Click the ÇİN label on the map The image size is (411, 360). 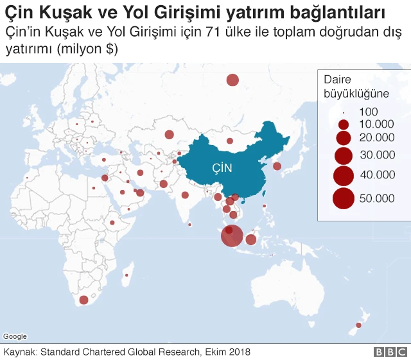coord(222,168)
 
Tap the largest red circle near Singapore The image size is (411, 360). coord(232,236)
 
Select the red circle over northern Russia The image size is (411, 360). coord(232,80)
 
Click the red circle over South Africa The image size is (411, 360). coord(83,300)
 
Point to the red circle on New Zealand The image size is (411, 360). coord(358,325)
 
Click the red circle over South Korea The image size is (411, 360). coord(277,166)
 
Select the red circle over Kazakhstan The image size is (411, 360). coord(169,135)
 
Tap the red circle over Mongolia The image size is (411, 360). coord(229,141)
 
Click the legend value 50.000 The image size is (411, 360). coord(377,199)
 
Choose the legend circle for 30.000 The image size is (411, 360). coord(344,155)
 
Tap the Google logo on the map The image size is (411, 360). coord(15,336)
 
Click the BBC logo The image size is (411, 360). coord(390,352)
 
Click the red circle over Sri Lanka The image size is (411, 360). coord(190,225)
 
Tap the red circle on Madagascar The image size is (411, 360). coord(127,275)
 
